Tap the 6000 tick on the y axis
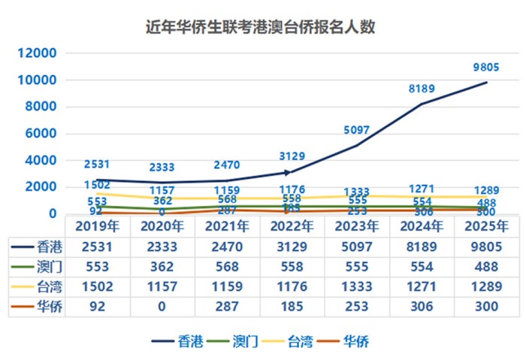(x=39, y=134)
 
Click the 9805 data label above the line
(x=486, y=68)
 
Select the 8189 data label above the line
(x=422, y=89)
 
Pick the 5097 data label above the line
(x=356, y=130)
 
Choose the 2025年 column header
(x=486, y=226)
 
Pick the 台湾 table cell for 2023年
(x=356, y=286)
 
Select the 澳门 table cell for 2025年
(x=486, y=267)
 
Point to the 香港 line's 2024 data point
(x=422, y=104)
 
